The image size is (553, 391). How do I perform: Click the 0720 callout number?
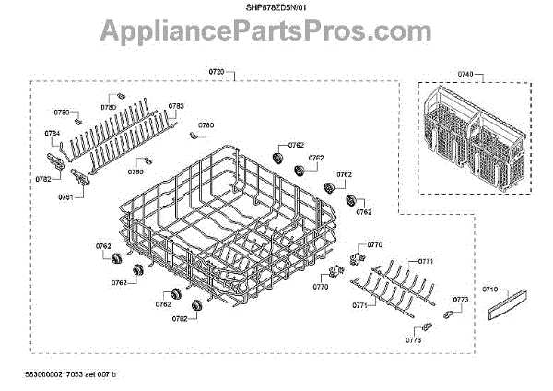tap(217, 72)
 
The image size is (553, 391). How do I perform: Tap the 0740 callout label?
tap(465, 73)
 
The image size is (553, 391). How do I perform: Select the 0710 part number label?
tap(489, 290)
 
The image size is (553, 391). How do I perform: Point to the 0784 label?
tap(53, 134)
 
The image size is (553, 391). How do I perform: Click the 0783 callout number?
tap(175, 106)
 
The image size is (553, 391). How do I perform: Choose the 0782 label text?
tap(43, 179)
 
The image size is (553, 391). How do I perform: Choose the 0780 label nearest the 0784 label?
tap(63, 112)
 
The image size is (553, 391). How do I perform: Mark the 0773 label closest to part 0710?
tap(461, 301)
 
